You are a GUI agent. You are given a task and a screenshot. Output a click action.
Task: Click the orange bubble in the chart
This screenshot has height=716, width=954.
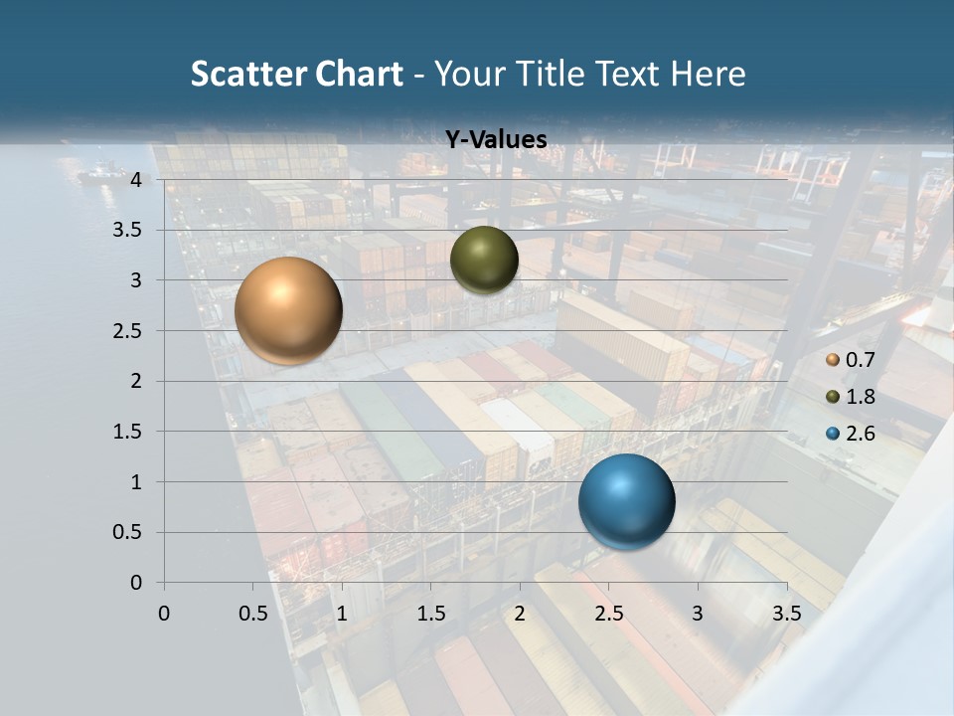click(x=288, y=310)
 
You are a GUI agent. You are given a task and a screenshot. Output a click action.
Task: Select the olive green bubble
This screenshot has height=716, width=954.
click(x=484, y=260)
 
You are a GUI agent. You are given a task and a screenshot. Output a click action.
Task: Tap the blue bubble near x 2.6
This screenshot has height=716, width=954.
click(x=626, y=501)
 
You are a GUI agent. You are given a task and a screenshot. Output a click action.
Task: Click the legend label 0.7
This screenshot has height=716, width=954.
click(x=861, y=360)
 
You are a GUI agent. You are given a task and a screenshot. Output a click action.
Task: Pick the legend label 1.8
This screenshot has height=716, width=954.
click(x=861, y=397)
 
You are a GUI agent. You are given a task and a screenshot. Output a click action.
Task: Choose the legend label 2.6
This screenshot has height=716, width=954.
click(x=861, y=434)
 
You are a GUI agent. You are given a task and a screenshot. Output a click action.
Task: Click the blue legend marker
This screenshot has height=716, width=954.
click(x=833, y=434)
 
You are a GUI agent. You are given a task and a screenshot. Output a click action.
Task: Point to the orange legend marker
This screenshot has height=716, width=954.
click(x=833, y=360)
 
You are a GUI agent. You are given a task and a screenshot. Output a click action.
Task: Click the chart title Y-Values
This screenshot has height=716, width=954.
click(x=496, y=140)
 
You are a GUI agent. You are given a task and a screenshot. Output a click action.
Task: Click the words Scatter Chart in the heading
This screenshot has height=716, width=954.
click(x=296, y=73)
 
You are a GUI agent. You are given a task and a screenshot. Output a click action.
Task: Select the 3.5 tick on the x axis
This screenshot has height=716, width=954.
click(x=787, y=613)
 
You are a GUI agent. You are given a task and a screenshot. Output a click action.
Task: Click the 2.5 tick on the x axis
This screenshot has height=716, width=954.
click(x=609, y=613)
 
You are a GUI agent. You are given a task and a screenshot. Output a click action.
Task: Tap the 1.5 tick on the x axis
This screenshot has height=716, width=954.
click(x=430, y=613)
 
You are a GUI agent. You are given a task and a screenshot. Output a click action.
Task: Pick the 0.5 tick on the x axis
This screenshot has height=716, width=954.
click(x=252, y=613)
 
